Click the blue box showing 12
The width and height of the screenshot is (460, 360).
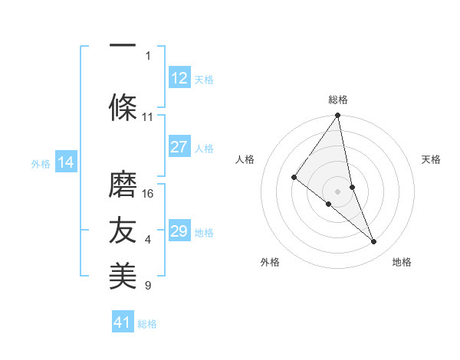click(x=179, y=77)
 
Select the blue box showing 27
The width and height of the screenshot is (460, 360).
click(x=179, y=148)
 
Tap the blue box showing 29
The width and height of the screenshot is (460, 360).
click(x=179, y=231)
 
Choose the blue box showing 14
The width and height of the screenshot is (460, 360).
click(x=66, y=162)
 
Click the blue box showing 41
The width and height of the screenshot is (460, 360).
click(x=123, y=322)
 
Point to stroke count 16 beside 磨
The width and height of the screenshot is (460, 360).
click(x=149, y=193)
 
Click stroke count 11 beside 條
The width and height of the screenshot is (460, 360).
click(x=148, y=117)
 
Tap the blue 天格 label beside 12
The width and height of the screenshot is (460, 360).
click(x=204, y=79)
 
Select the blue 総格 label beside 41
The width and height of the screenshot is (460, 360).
click(x=147, y=324)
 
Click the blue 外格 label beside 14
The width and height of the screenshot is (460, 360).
click(x=41, y=164)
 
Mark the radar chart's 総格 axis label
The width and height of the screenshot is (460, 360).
click(x=338, y=100)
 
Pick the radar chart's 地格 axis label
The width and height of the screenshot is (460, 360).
click(x=402, y=262)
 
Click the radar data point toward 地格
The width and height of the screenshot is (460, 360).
click(x=374, y=242)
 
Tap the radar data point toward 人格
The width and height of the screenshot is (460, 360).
click(x=294, y=178)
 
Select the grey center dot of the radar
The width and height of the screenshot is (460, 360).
click(x=337, y=191)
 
